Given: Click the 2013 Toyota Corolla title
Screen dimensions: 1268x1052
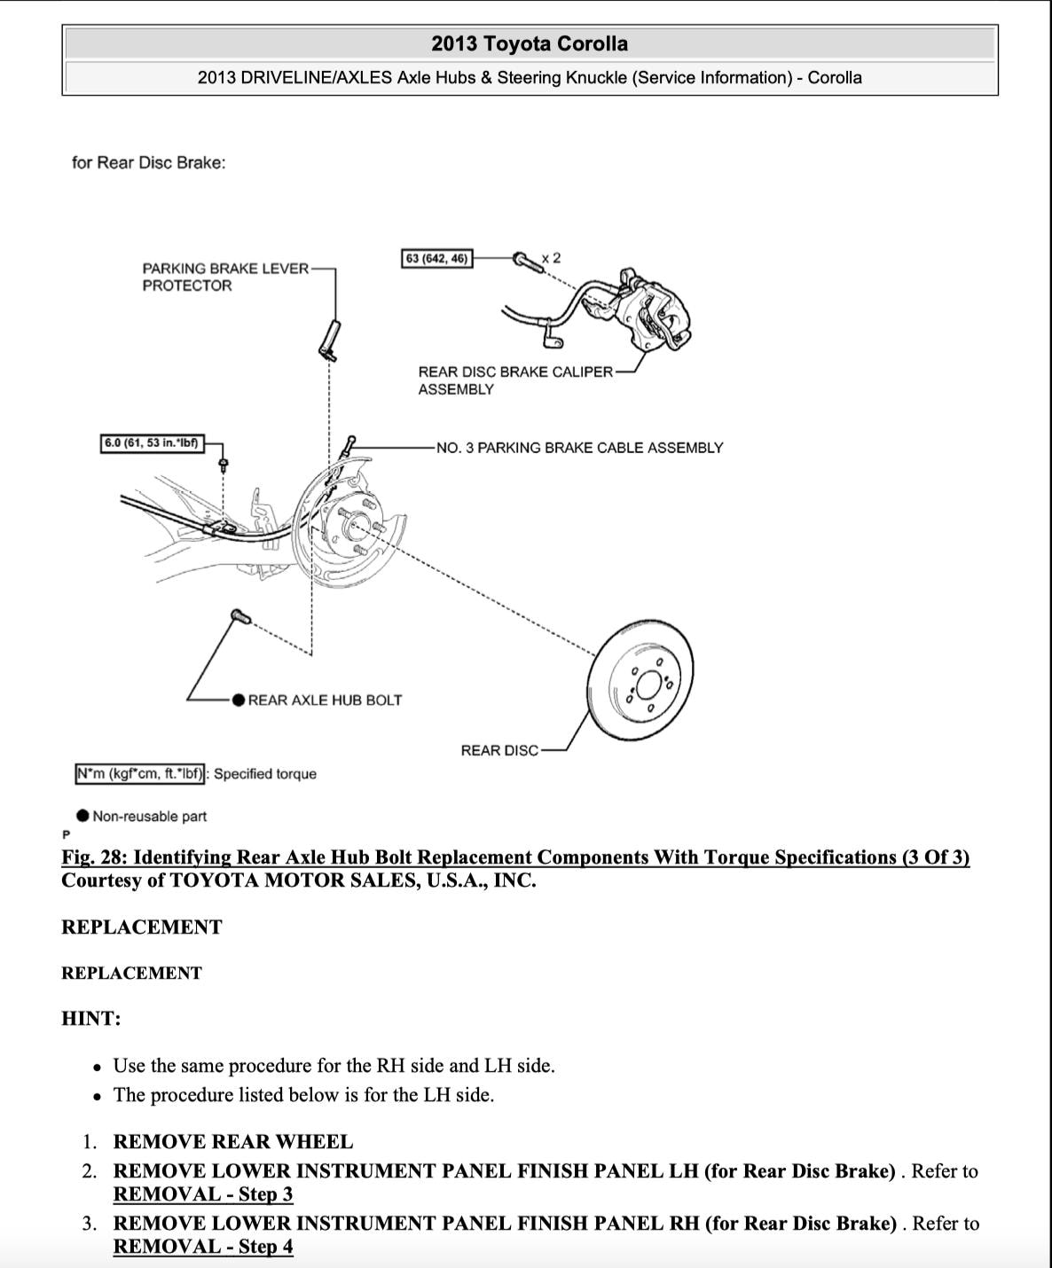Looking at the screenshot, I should coord(530,43).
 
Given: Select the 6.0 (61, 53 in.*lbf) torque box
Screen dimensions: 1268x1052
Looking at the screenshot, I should coord(152,443).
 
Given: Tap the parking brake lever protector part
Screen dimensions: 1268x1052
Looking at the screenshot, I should coord(329,339).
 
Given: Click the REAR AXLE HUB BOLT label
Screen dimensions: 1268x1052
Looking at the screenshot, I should coord(325,701).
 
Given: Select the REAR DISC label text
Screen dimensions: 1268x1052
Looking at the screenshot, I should coord(499,751).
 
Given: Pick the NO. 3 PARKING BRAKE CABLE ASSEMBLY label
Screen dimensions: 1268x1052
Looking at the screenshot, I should coord(579,448).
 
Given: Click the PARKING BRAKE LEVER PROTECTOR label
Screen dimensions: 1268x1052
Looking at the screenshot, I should coord(225,277).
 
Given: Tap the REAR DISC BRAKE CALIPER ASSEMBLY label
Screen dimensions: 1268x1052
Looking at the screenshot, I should coord(514,380).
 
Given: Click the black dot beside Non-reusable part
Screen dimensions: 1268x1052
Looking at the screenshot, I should coord(82,816).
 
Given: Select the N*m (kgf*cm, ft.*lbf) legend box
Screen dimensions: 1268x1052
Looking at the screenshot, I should coord(140,774).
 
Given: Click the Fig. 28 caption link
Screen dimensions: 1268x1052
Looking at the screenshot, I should coord(514,857).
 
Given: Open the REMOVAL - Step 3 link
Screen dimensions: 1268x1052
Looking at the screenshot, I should coord(203,1194).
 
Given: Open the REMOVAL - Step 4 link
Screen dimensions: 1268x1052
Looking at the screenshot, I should coord(203,1247).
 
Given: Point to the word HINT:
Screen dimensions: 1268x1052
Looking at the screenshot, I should coord(90,1019).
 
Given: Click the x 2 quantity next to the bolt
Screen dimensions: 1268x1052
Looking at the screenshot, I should coord(551,258).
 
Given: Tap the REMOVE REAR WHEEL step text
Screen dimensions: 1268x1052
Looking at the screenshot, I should coord(233,1142).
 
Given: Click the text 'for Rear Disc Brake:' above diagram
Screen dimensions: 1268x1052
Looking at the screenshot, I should coord(148,163).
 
